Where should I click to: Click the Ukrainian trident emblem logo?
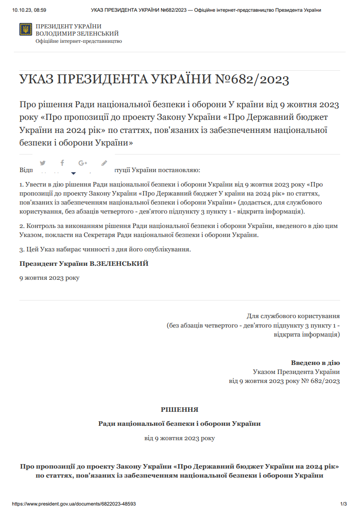tap(26, 30)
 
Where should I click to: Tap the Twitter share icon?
tap(43, 163)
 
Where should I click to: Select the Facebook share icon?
tap(62, 163)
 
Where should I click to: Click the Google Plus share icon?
tap(82, 163)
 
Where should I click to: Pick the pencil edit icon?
tap(104, 163)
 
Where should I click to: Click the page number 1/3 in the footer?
tap(343, 504)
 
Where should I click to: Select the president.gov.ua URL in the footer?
tap(74, 504)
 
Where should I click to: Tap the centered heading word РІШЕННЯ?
tap(179, 410)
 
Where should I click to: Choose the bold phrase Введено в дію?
tap(315, 363)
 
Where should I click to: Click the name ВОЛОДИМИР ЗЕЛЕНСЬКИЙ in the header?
tap(77, 34)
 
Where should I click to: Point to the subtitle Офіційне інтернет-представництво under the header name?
tap(79, 41)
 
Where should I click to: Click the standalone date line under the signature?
tap(49, 278)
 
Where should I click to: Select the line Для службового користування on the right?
tap(293, 316)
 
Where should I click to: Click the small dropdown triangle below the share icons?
tap(73, 173)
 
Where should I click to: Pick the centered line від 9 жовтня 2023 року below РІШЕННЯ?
tap(179, 438)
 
